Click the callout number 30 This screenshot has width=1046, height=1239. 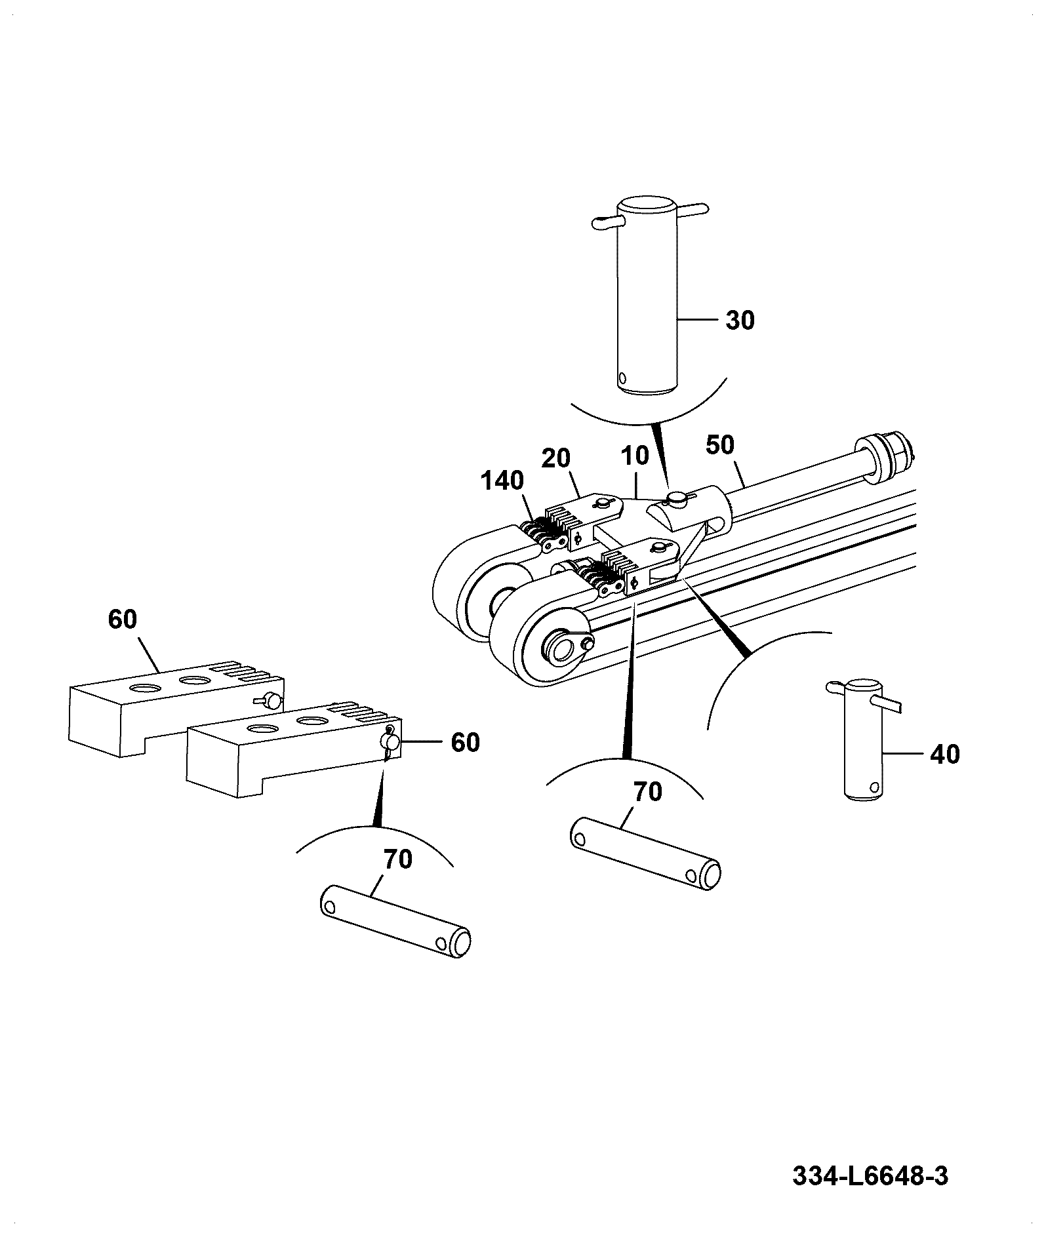point(740,321)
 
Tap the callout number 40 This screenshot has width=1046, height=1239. point(944,755)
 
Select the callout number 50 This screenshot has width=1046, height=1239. point(720,445)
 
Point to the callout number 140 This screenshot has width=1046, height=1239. point(502,481)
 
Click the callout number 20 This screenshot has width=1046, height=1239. point(555,458)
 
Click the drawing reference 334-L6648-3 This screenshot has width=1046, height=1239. point(870,1175)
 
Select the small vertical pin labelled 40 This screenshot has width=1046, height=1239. point(863,739)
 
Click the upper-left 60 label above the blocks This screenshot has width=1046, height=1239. point(123,619)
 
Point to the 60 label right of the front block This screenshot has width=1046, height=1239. point(465,743)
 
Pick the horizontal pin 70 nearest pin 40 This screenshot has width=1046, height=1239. point(646,853)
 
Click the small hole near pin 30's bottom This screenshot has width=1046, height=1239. point(622,378)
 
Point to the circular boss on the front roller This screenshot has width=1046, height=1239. point(561,651)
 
